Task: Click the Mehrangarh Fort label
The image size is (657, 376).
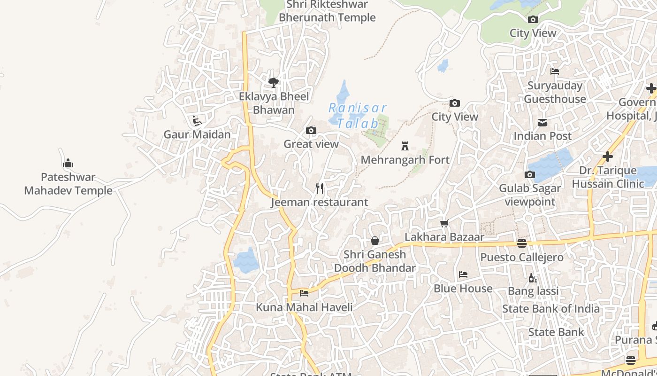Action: (405, 160)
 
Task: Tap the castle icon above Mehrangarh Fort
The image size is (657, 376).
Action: (405, 146)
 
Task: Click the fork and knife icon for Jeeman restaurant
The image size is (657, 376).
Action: (320, 188)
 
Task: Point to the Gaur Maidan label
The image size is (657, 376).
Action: (197, 134)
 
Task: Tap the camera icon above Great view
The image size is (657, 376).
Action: (311, 130)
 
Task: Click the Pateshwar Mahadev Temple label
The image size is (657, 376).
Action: (69, 184)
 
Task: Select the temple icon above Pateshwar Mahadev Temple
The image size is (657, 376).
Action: (68, 164)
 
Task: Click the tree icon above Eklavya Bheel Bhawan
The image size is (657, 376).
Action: (274, 83)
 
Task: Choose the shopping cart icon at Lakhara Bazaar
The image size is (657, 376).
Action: (444, 223)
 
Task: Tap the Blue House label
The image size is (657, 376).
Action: (463, 288)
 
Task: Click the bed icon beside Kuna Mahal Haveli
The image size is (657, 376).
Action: (304, 293)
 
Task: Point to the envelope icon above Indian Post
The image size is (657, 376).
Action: (542, 123)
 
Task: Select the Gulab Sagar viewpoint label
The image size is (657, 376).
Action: (530, 195)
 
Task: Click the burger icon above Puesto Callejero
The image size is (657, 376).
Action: (522, 243)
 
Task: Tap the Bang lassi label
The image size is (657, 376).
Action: (534, 291)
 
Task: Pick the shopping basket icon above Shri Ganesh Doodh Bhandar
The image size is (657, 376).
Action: (375, 241)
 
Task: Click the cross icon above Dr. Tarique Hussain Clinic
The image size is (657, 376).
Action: (608, 157)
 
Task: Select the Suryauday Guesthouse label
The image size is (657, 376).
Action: (555, 92)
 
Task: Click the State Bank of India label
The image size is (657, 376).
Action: (551, 309)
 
